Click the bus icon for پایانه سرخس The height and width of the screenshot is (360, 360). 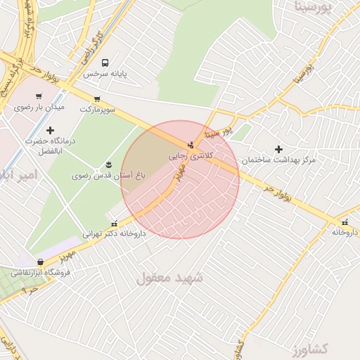pyautogui.click(x=105, y=63)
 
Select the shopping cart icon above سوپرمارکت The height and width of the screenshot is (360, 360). pyautogui.click(x=96, y=99)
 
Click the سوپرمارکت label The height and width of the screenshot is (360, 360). pyautogui.click(x=96, y=110)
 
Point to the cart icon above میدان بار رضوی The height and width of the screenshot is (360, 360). pyautogui.click(x=40, y=96)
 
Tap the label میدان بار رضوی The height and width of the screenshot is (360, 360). pyautogui.click(x=39, y=108)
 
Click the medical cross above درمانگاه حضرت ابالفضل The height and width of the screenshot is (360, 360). pyautogui.click(x=50, y=130)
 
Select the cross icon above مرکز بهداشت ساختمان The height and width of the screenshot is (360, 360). pyautogui.click(x=279, y=149)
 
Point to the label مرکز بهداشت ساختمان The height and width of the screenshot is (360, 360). pyautogui.click(x=279, y=160)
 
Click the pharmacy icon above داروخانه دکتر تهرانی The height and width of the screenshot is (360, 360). pyautogui.click(x=114, y=224)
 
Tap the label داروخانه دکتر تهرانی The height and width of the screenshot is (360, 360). pyautogui.click(x=114, y=234)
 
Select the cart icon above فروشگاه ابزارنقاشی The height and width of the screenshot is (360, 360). pyautogui.click(x=41, y=262)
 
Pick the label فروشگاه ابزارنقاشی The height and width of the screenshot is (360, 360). pyautogui.click(x=41, y=273)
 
